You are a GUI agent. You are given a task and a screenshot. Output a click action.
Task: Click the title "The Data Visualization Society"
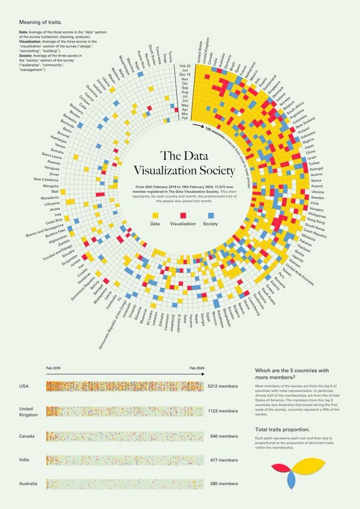tap(184, 163)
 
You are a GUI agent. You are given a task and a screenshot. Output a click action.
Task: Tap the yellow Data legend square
tap(156, 215)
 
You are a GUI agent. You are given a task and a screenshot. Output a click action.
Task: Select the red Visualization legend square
tap(183, 215)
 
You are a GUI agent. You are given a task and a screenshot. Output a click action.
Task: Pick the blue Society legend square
tap(211, 215)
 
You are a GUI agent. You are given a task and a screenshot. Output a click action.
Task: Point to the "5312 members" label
tap(223, 386)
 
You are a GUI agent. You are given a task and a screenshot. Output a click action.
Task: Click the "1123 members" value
tap(223, 411)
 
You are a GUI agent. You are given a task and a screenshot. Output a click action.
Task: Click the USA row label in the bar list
tap(24, 386)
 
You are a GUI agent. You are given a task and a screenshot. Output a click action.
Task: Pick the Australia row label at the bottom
tap(28, 484)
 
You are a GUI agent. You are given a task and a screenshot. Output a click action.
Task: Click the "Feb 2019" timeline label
tap(53, 368)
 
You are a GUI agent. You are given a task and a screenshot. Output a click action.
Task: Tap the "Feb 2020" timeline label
tap(197, 368)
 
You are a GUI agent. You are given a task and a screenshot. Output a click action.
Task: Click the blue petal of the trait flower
tap(292, 481)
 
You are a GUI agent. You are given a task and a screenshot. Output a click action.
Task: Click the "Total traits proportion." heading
tap(282, 429)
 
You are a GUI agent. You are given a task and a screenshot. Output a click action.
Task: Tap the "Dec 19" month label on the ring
tap(185, 74)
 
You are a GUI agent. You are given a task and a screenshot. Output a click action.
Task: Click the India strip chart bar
tap(125, 460)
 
